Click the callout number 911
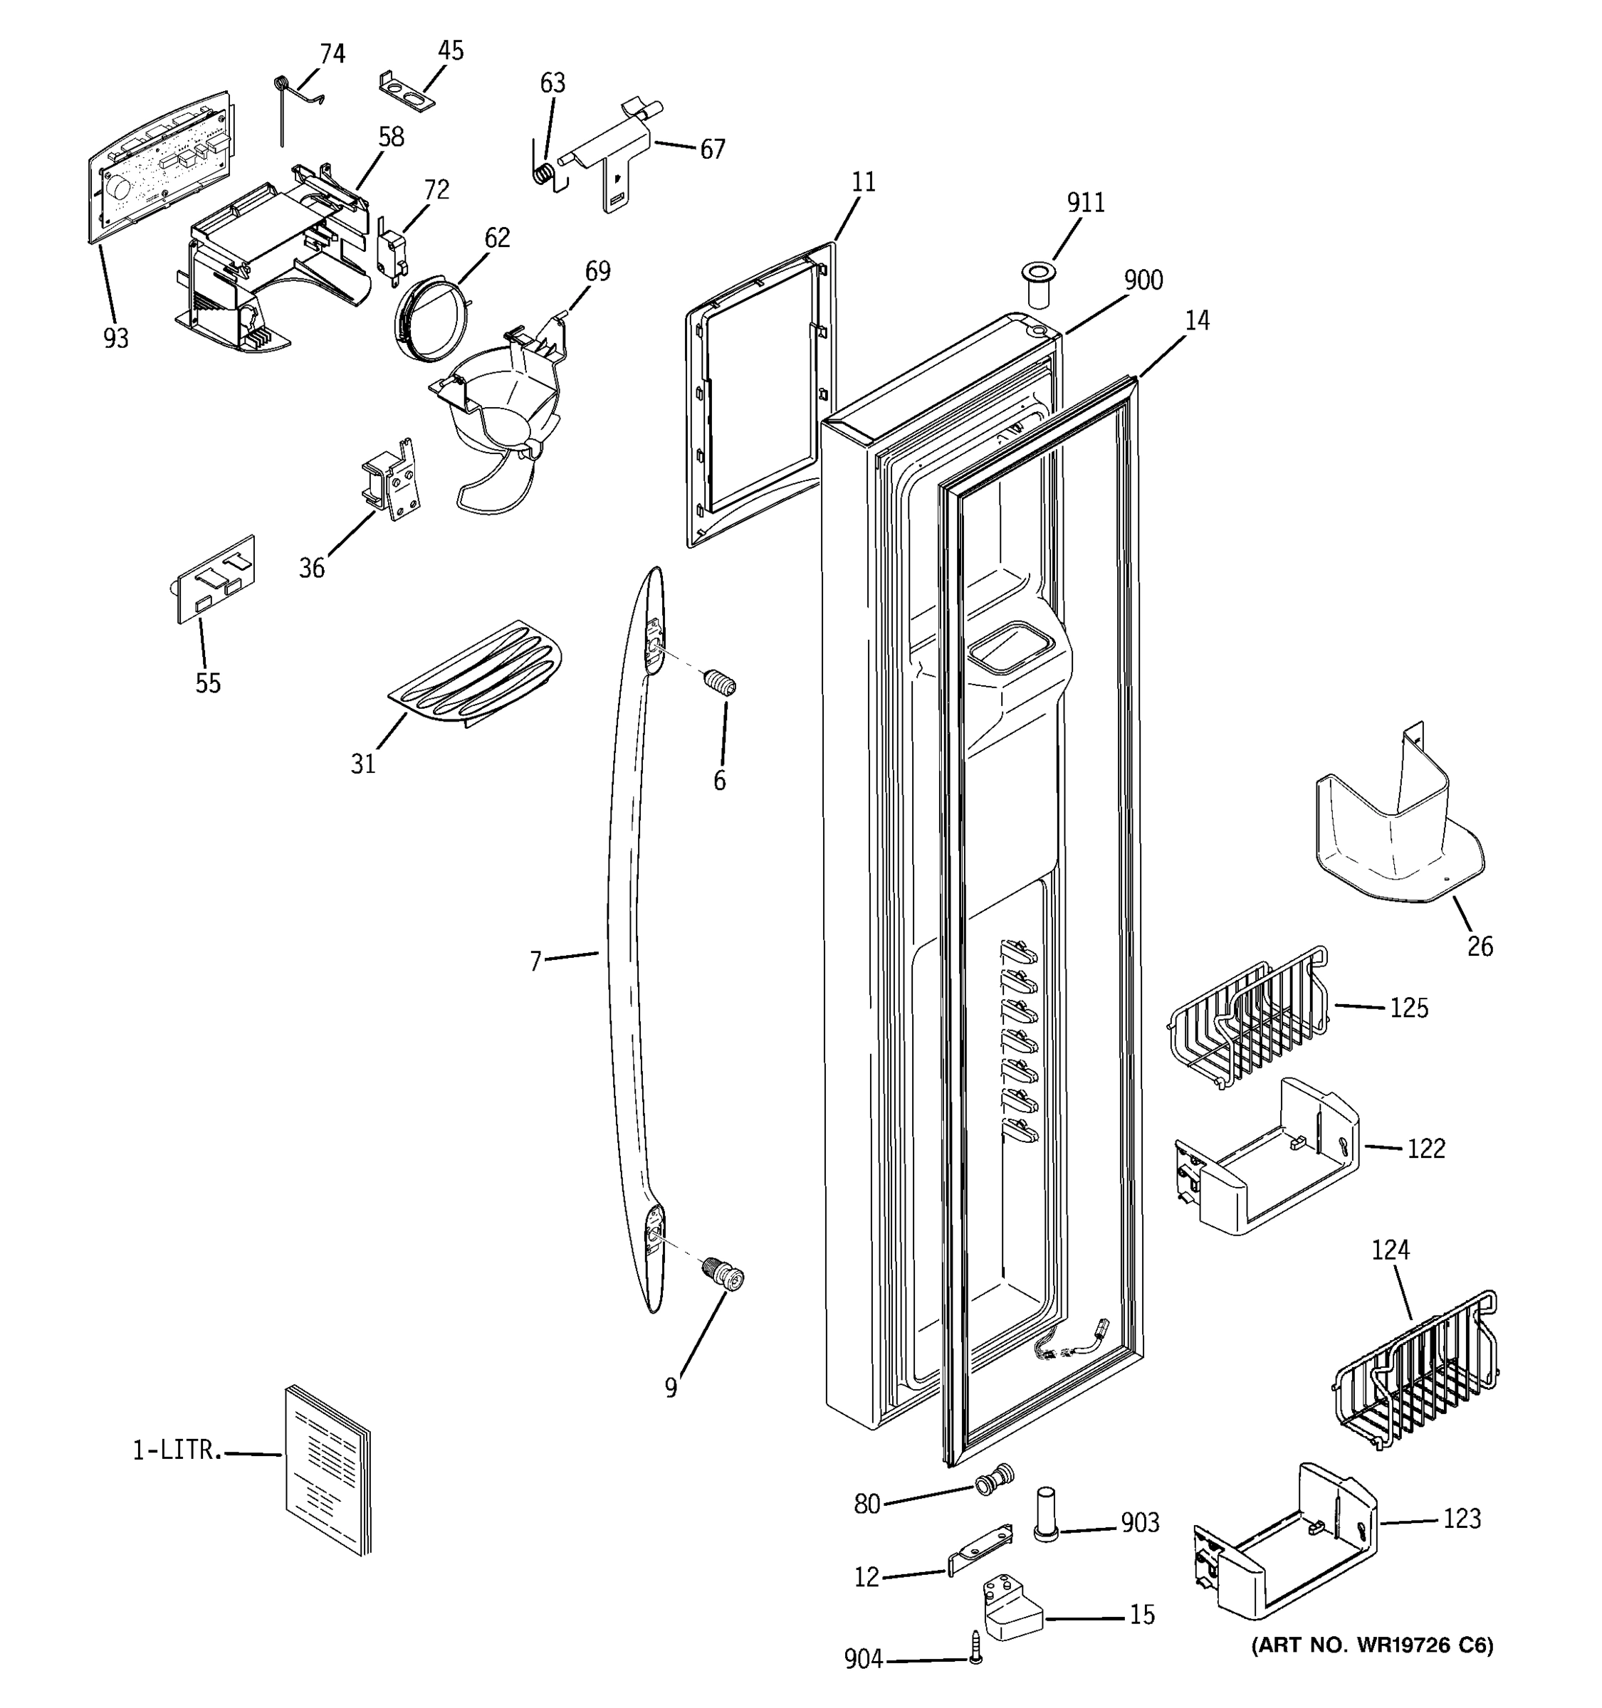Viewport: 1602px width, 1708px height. (x=1086, y=203)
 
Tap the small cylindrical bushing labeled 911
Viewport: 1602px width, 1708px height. (x=1038, y=286)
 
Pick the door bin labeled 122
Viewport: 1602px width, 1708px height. (x=1267, y=1157)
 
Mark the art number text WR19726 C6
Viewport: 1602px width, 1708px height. (x=1373, y=1645)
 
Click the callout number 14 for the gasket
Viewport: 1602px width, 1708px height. (x=1196, y=320)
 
